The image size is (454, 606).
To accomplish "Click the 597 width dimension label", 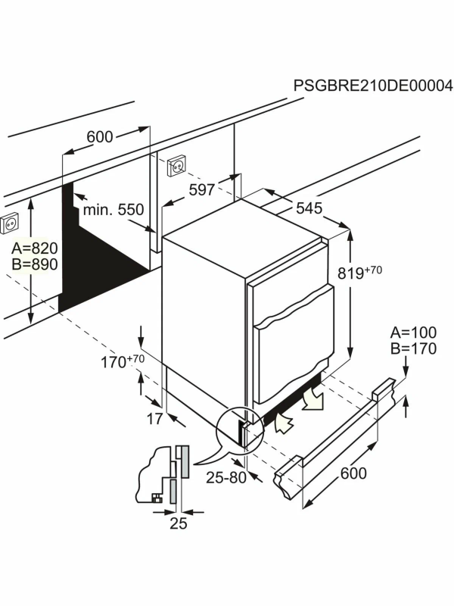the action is pyautogui.click(x=201, y=190).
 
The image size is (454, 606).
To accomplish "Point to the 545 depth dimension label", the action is pyautogui.click(x=309, y=208).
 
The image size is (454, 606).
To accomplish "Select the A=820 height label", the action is pyautogui.click(x=35, y=248).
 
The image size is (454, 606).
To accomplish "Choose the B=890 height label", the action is pyautogui.click(x=35, y=264).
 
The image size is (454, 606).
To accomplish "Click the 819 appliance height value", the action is pyautogui.click(x=351, y=273).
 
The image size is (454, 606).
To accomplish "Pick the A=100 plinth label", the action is pyautogui.click(x=413, y=333).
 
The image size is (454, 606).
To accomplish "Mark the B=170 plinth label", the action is pyautogui.click(x=413, y=348).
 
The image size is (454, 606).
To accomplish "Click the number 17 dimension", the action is pyautogui.click(x=154, y=419).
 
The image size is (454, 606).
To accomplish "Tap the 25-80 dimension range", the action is pyautogui.click(x=226, y=478).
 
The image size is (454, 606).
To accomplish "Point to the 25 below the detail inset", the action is pyautogui.click(x=179, y=523).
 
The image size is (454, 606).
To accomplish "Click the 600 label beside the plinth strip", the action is pyautogui.click(x=353, y=473).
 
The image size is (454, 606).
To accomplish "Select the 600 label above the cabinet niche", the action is pyautogui.click(x=100, y=137).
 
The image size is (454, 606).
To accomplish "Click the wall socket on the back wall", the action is pyautogui.click(x=177, y=165).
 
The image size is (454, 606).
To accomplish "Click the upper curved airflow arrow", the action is pyautogui.click(x=313, y=398).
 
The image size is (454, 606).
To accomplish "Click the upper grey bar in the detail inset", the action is pyautogui.click(x=184, y=462).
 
